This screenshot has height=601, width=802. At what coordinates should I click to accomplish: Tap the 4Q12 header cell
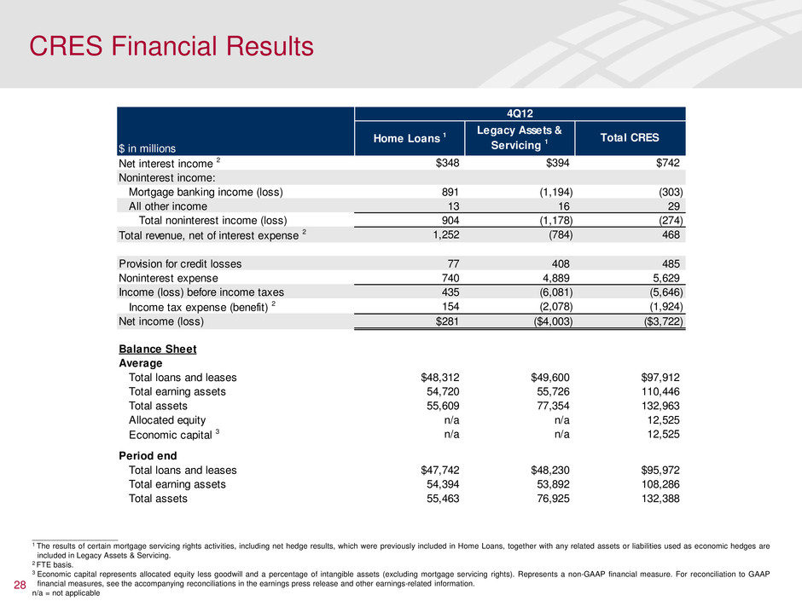(520, 113)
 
